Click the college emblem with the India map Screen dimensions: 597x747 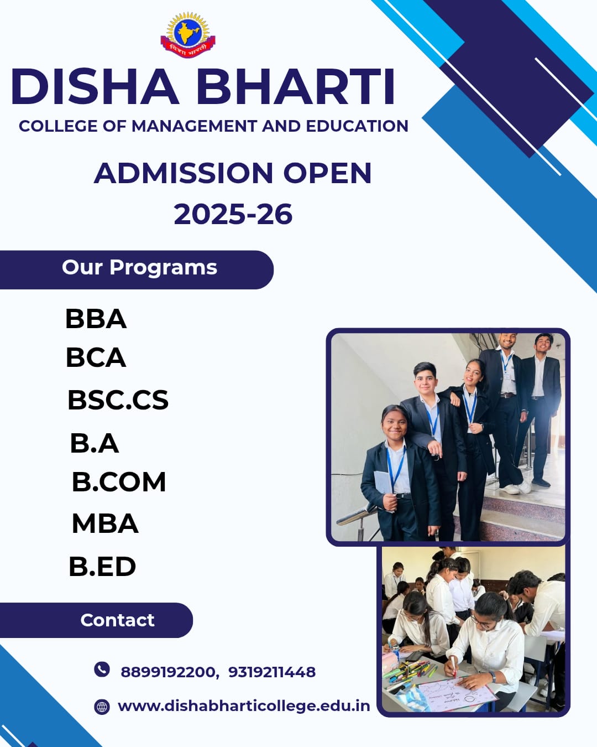[188, 34]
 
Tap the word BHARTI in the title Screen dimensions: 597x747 [297, 86]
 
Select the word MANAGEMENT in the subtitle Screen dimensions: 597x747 [194, 126]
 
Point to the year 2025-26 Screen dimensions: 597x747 [233, 214]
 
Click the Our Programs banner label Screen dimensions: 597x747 [139, 268]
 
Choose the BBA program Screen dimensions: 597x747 [96, 319]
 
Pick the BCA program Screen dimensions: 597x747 [96, 357]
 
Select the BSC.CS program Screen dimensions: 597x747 [118, 400]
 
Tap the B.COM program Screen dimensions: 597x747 [119, 482]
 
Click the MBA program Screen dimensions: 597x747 [105, 523]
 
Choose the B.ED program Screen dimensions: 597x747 [102, 567]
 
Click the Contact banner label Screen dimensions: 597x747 [117, 620]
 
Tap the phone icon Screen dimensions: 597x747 [102, 669]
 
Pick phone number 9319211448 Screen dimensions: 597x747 [272, 672]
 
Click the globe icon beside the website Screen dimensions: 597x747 [102, 707]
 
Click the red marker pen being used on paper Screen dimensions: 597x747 [453, 666]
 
